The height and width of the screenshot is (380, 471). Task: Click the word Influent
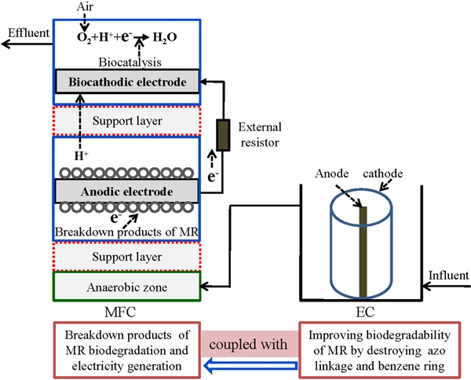(x=447, y=276)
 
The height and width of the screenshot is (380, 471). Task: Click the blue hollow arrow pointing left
(x=251, y=364)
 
